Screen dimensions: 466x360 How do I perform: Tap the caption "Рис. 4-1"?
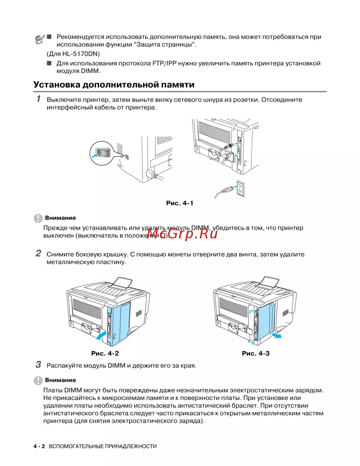[180, 203]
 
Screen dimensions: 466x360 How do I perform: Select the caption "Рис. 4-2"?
[105, 353]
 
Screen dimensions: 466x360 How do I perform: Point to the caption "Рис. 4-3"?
[256, 353]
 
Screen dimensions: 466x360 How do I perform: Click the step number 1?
[39, 99]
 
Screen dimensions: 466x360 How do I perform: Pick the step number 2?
[38, 254]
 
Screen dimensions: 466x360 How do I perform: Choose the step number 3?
[38, 365]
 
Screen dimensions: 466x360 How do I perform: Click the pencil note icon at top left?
[40, 39]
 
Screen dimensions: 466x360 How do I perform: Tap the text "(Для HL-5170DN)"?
[73, 54]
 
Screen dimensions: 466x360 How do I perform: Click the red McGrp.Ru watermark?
[183, 234]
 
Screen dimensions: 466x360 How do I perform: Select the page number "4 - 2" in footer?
[39, 447]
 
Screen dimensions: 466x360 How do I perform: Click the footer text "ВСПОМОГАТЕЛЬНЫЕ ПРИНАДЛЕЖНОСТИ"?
[103, 447]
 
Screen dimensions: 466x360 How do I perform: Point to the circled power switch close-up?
[101, 153]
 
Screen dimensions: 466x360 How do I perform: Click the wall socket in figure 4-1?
[240, 188]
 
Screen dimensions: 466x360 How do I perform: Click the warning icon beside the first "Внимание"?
[38, 218]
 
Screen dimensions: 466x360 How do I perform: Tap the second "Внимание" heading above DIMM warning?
[60, 380]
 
